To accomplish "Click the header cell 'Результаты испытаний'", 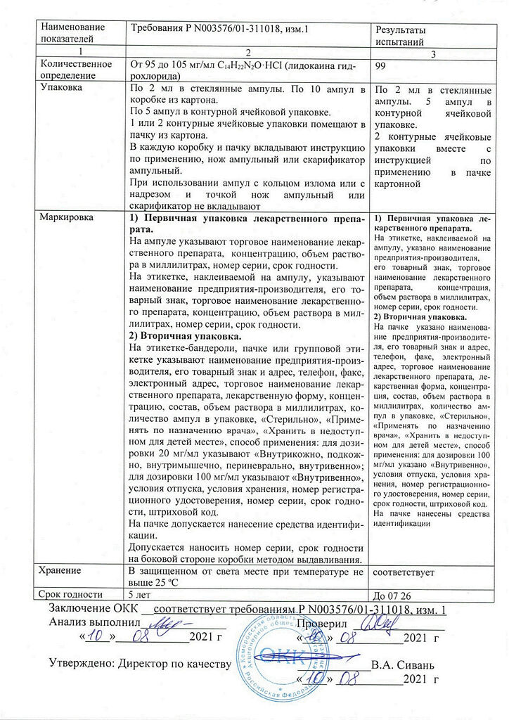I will [x=403, y=37].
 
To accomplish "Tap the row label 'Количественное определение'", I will [x=77, y=70].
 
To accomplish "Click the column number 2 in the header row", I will [x=249, y=53].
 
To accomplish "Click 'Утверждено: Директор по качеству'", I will [x=140, y=664].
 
